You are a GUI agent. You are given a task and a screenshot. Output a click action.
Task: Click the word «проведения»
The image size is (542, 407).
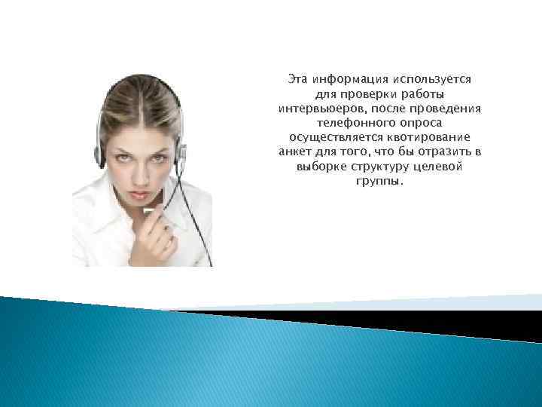pyautogui.click(x=443, y=109)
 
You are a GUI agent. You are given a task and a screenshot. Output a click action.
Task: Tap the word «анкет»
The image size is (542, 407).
pyautogui.click(x=295, y=152)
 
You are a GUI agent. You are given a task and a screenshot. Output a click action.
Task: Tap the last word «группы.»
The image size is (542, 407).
pyautogui.click(x=379, y=181)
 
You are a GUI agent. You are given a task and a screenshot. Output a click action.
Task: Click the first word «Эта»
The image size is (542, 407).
pyautogui.click(x=299, y=79)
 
